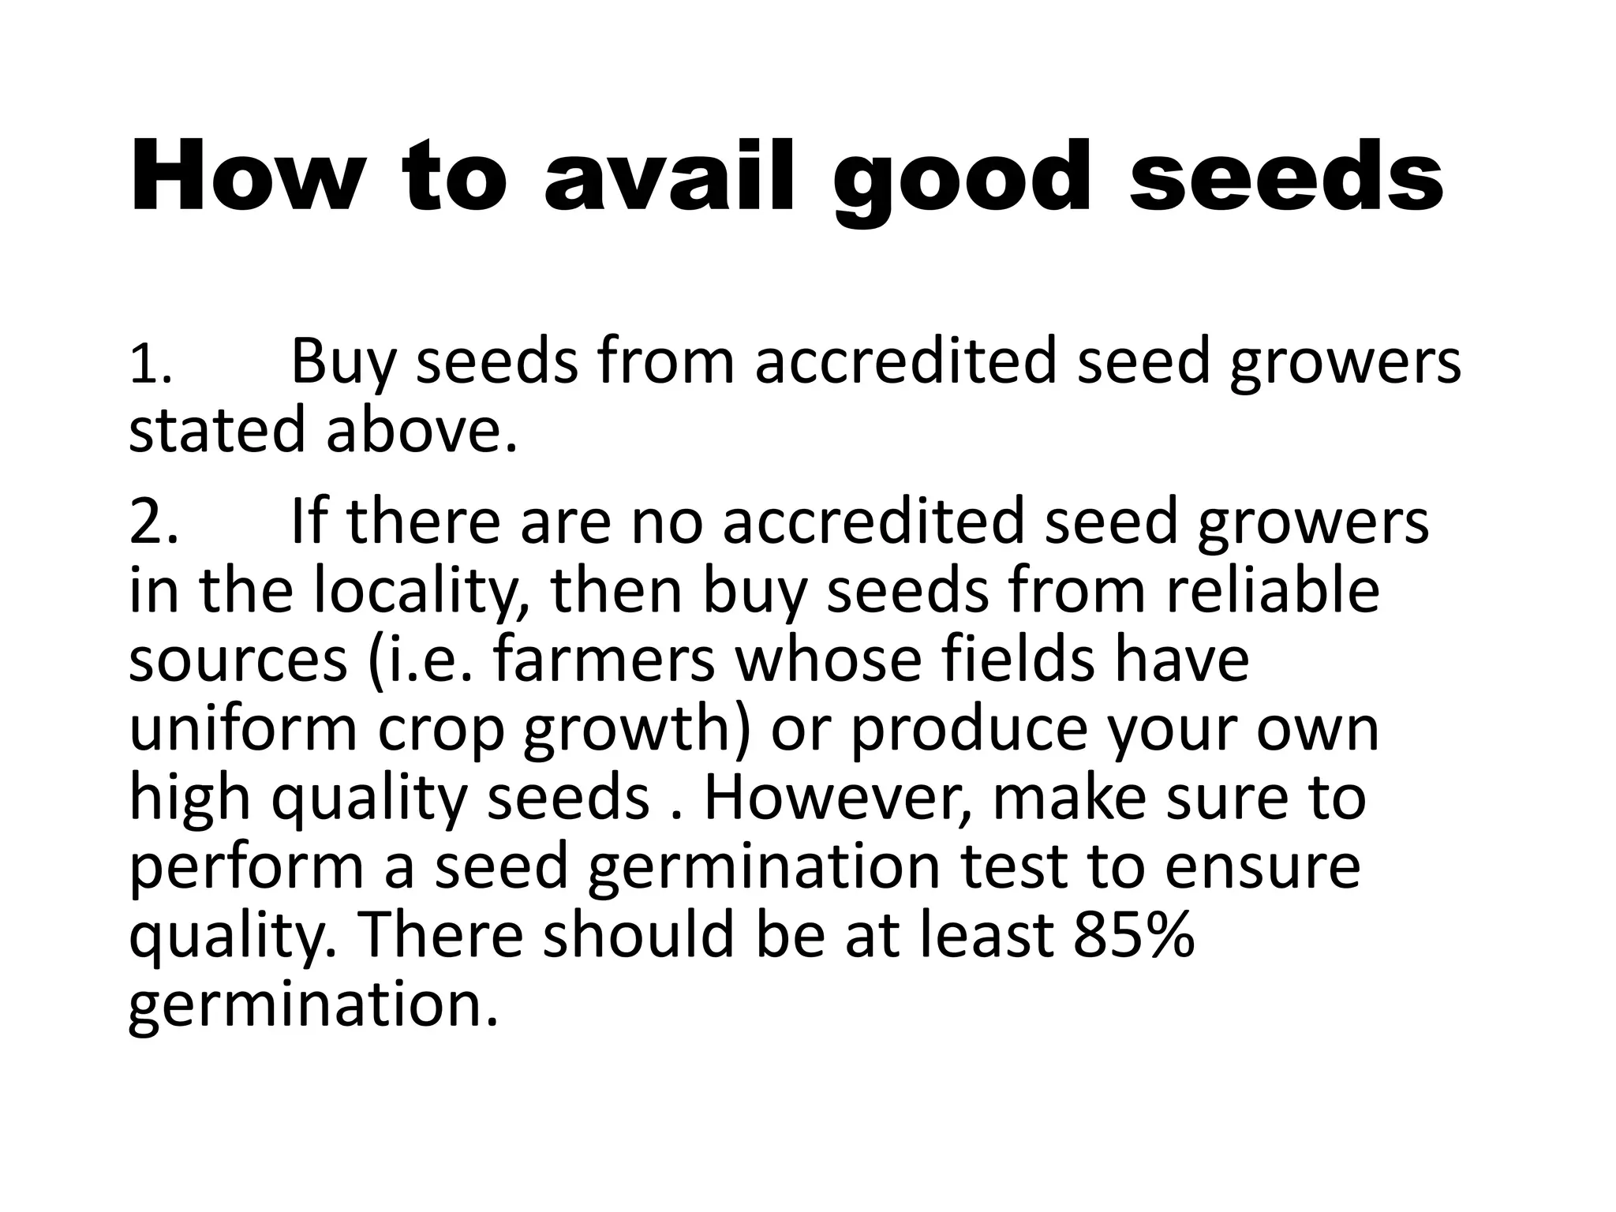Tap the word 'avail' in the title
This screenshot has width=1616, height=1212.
click(x=668, y=177)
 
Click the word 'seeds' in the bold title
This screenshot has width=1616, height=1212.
click(x=1285, y=177)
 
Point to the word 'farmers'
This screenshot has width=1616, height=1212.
click(x=604, y=660)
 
